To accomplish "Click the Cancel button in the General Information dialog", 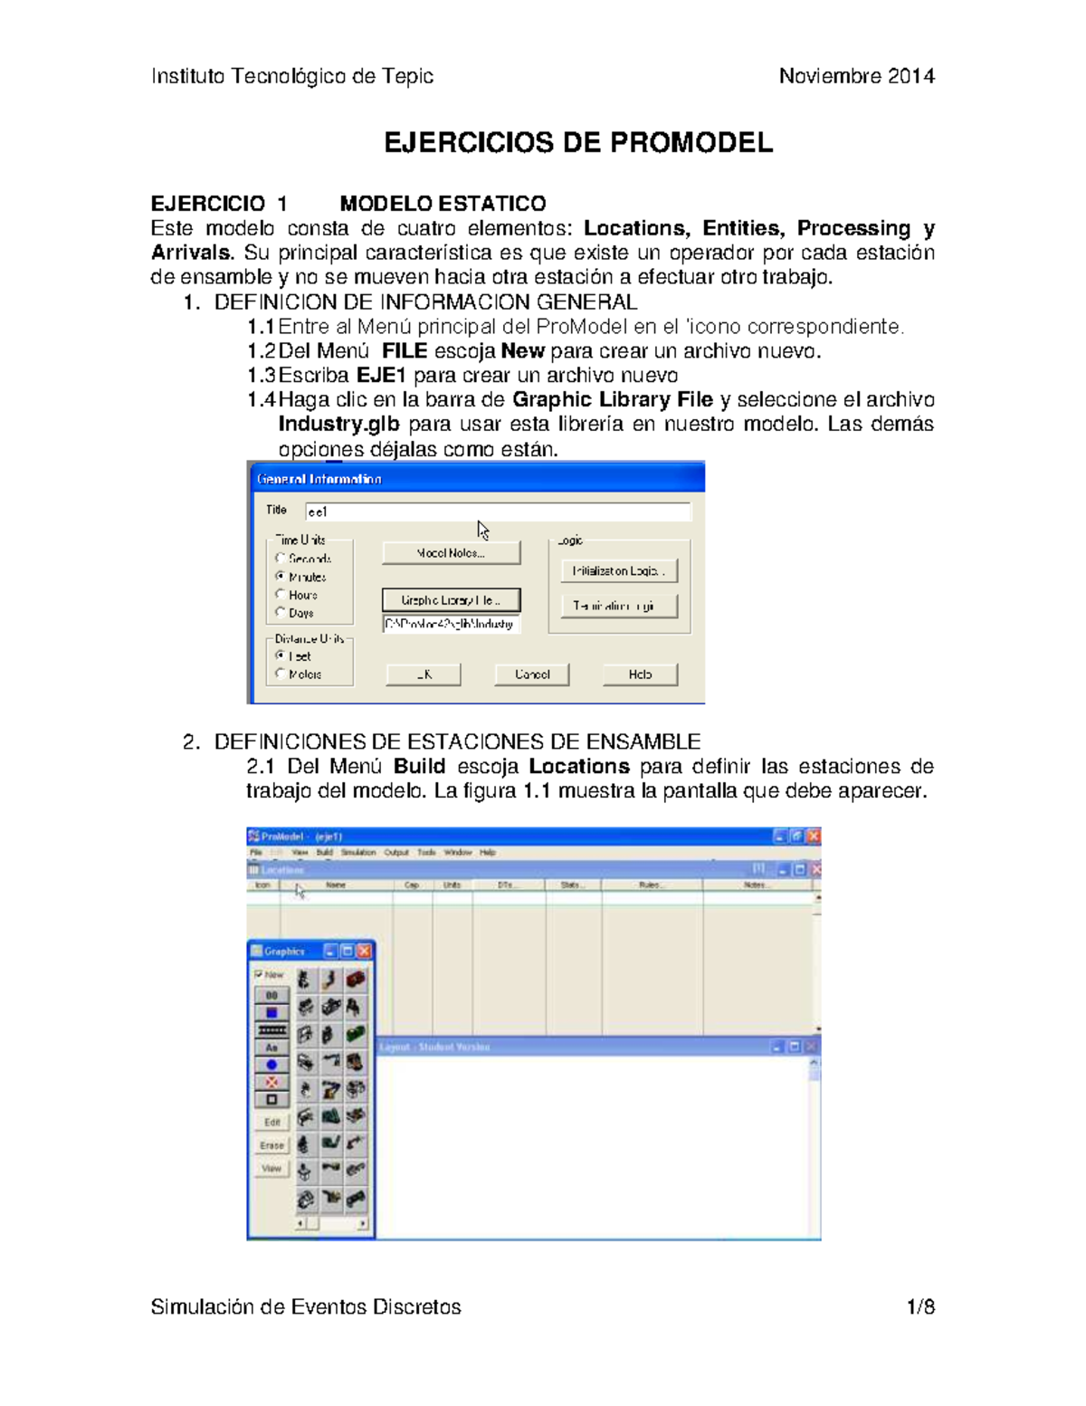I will coord(531,674).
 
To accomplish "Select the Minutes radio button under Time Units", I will coord(281,576).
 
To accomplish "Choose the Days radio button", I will coord(281,612).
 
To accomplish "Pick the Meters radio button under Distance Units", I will coord(281,674).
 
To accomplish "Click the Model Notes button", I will coord(451,553).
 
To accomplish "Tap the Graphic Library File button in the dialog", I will coord(451,600).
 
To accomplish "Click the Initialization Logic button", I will coord(618,571).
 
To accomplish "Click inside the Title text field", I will coord(498,512).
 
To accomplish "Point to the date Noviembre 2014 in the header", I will coord(856,76).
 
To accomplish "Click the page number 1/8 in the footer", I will coord(920,1307).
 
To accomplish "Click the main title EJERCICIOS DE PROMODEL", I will coord(578,143).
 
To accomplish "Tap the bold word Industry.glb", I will coord(338,425).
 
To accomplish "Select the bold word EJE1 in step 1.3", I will coord(381,376).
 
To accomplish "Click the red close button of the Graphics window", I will coord(364,951).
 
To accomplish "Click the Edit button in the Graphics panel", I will coord(271,1122).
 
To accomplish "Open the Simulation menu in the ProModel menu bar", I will coord(358,853).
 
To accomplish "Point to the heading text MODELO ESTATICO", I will coord(443,204).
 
